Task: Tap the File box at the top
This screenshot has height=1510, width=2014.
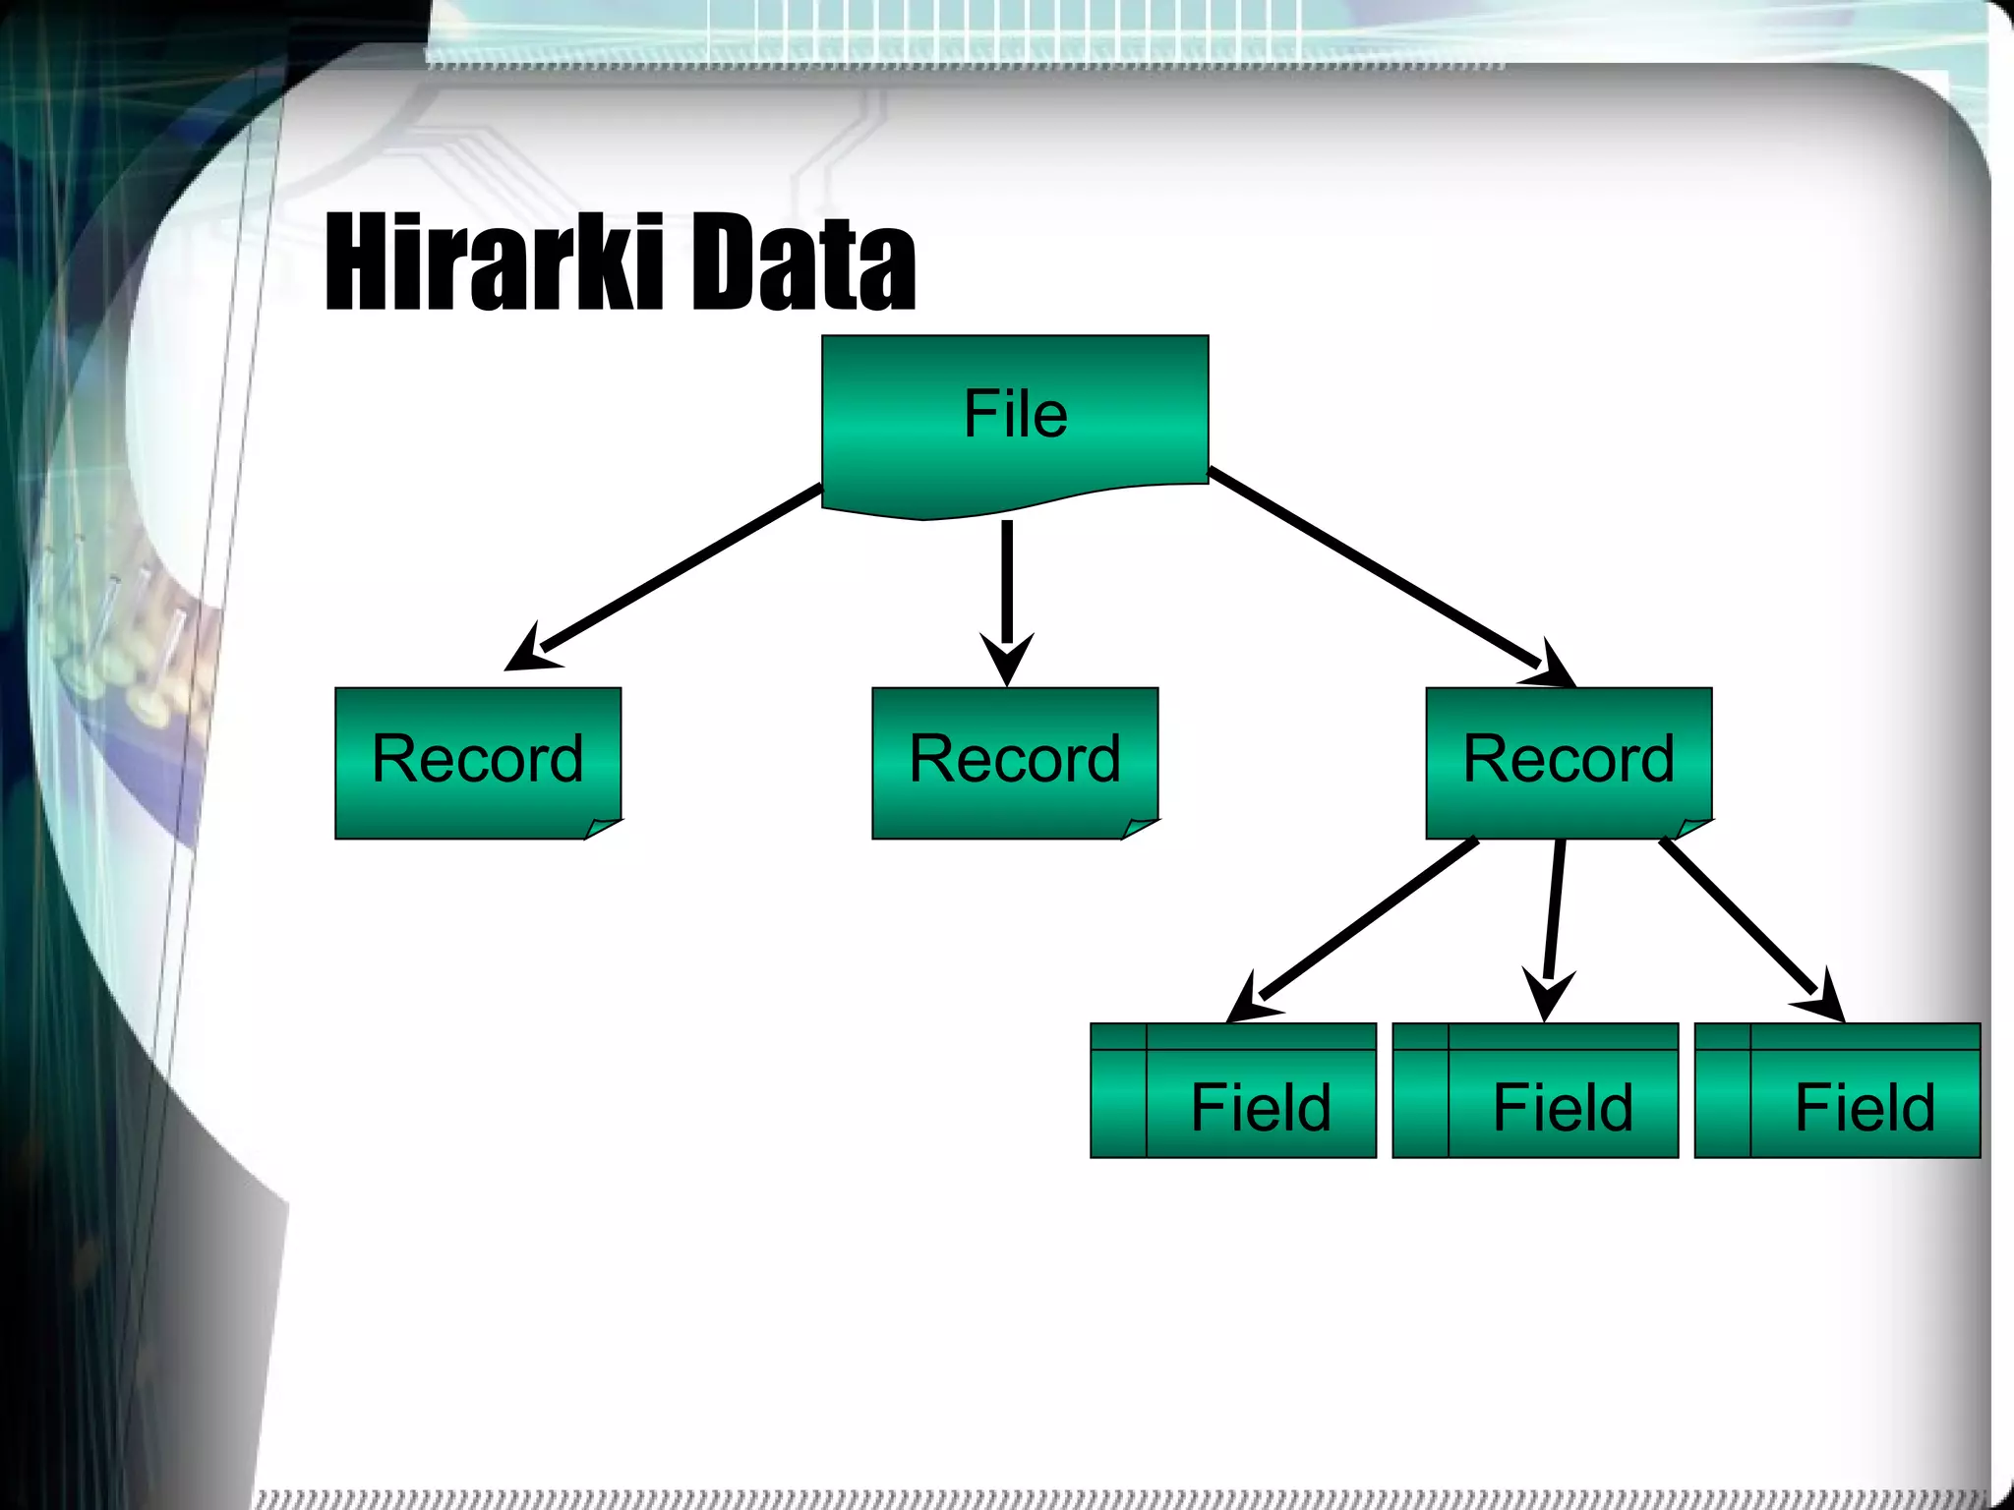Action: coord(1015,414)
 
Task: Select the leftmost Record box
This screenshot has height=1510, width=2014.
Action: coord(478,760)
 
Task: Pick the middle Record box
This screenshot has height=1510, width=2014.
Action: coord(1015,760)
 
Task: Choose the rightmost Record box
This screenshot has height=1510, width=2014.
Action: coord(1569,760)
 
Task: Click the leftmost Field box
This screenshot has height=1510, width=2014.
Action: coord(1233,1091)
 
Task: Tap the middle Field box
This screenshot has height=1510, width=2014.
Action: coord(1535,1091)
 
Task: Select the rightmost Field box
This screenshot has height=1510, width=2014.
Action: coord(1837,1091)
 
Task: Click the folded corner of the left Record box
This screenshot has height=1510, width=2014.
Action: coord(603,828)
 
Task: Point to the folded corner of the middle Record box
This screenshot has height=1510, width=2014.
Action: coord(1140,828)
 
